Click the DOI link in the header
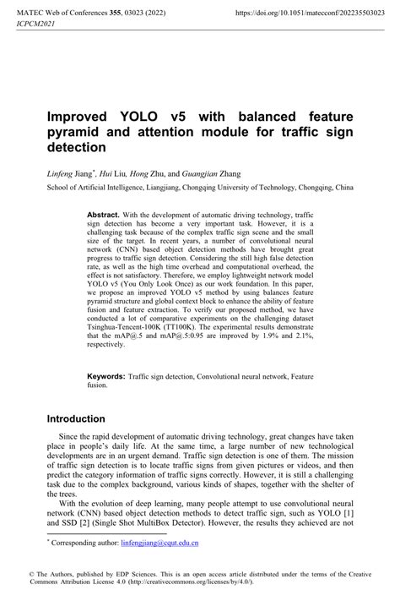[x=311, y=14]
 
